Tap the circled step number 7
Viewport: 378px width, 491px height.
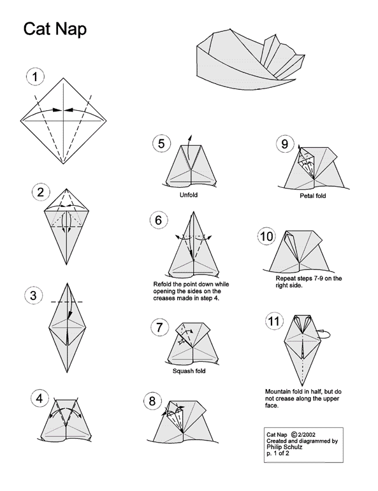[160, 327]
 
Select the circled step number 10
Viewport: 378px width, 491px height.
[267, 237]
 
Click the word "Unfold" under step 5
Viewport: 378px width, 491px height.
[189, 196]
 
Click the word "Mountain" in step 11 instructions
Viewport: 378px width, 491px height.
[278, 391]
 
